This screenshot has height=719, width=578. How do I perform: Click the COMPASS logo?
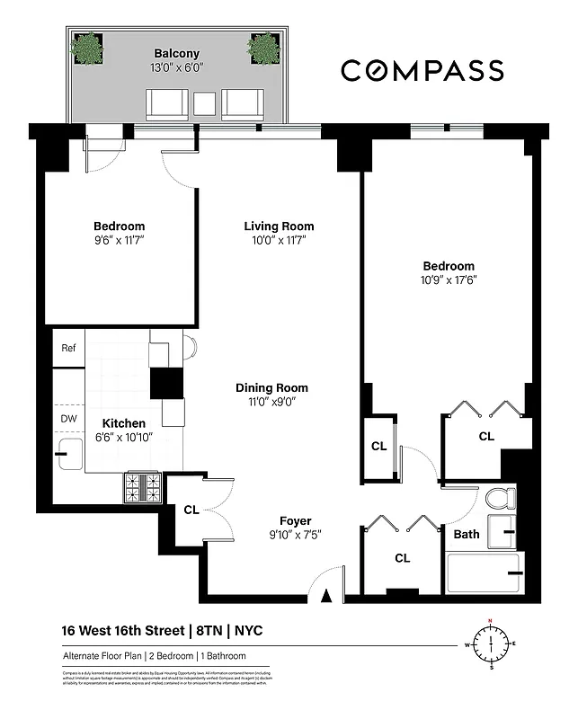click(x=434, y=69)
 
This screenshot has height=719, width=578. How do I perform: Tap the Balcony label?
click(x=175, y=53)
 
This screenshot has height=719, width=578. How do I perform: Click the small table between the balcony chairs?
click(x=205, y=104)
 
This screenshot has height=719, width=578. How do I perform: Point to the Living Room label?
click(x=279, y=226)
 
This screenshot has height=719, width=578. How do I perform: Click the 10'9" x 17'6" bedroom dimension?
click(x=449, y=280)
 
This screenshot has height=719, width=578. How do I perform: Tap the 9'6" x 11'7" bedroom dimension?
click(x=119, y=240)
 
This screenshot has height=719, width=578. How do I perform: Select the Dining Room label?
click(x=271, y=388)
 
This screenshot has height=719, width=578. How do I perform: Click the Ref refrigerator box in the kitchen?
click(x=68, y=348)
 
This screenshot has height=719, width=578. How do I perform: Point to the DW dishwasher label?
click(x=68, y=419)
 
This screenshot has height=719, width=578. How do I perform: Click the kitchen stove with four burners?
click(x=143, y=489)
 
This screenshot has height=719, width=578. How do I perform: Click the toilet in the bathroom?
click(x=499, y=498)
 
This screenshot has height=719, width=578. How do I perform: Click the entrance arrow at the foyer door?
click(x=326, y=593)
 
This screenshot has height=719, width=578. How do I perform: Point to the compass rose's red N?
click(x=491, y=622)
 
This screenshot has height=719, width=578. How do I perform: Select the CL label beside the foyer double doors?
click(x=191, y=510)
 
